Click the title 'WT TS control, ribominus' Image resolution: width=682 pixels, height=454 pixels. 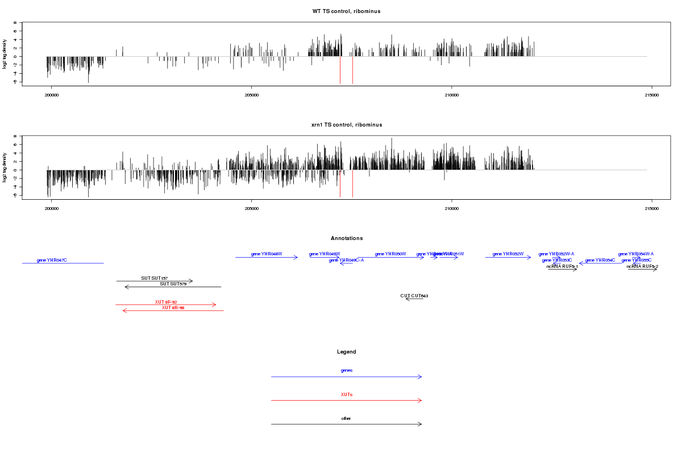tap(346, 11)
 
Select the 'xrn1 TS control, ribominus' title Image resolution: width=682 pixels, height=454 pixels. tap(346, 124)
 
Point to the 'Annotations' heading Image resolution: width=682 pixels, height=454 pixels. tap(346, 238)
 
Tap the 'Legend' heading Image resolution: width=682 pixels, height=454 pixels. tap(346, 352)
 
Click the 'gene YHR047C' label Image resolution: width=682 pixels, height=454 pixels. tap(52, 260)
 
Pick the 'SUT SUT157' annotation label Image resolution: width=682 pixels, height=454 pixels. tap(155, 278)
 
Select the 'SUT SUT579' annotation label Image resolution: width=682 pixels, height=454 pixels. tap(173, 284)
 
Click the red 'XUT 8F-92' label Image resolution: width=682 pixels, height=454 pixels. tap(166, 302)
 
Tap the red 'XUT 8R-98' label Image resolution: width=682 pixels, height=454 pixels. tap(173, 308)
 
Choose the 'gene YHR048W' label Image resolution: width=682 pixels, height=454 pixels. tap(267, 254)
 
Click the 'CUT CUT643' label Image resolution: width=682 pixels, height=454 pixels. tap(414, 296)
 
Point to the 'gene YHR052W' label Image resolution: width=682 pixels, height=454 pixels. tap(508, 254)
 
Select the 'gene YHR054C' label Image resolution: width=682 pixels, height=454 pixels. tap(600, 260)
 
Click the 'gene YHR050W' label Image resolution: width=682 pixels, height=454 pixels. tap(390, 254)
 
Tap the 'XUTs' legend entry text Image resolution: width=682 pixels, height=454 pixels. tap(346, 394)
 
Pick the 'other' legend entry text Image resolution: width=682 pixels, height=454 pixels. tap(346, 418)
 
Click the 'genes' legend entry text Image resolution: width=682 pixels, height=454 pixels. tap(346, 371)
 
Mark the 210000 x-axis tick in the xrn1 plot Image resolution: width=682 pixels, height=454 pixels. tap(451, 209)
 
